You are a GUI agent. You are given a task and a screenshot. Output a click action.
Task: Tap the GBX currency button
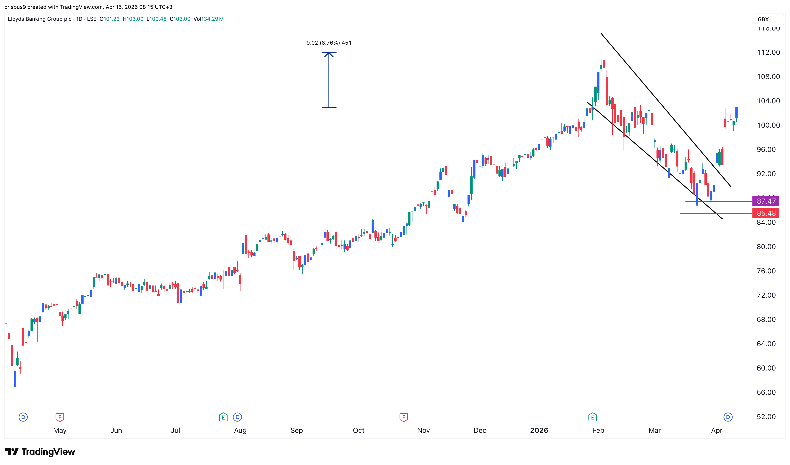tap(763, 19)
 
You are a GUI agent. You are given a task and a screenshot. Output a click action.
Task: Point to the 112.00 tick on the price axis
tap(768, 52)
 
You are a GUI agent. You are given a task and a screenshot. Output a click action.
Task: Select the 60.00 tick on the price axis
tap(766, 368)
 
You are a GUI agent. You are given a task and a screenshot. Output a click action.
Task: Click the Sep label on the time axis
tap(296, 431)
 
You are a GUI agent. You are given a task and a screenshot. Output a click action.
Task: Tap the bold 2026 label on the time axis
tap(539, 431)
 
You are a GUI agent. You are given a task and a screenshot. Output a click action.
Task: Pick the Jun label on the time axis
tap(116, 431)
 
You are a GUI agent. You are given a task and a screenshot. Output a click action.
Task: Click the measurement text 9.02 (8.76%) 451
tap(329, 43)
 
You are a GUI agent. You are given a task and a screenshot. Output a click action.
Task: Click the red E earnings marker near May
tap(60, 417)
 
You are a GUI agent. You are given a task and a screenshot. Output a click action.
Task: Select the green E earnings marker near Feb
tap(592, 417)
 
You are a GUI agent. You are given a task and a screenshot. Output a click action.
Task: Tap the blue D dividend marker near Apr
tap(728, 417)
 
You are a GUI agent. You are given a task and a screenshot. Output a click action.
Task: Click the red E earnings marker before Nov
tap(404, 417)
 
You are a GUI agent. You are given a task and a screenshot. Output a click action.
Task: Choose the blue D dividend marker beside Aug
tap(237, 417)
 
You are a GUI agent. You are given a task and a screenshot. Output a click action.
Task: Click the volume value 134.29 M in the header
tap(212, 19)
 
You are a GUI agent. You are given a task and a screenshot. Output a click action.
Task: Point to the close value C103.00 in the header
tap(180, 19)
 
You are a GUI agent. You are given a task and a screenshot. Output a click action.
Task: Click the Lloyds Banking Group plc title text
tap(40, 19)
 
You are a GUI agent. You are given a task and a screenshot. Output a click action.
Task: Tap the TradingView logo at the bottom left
tap(40, 452)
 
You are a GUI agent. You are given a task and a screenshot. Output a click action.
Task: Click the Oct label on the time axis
tap(359, 431)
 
